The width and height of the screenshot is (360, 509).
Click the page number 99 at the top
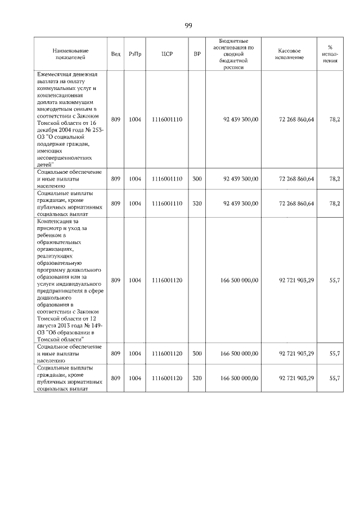[x=188, y=24]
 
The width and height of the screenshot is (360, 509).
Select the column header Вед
[x=115, y=54]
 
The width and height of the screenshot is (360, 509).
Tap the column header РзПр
[x=135, y=54]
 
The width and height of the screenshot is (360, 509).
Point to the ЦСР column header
[x=166, y=54]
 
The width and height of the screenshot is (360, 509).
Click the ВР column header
[x=197, y=54]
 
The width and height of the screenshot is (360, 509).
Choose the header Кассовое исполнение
[x=290, y=54]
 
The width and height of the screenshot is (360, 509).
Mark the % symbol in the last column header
[x=330, y=47]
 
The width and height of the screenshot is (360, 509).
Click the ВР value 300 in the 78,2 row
[x=197, y=179]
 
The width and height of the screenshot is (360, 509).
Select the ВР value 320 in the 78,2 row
[x=197, y=203]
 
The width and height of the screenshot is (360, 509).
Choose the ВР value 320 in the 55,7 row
[x=197, y=378]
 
